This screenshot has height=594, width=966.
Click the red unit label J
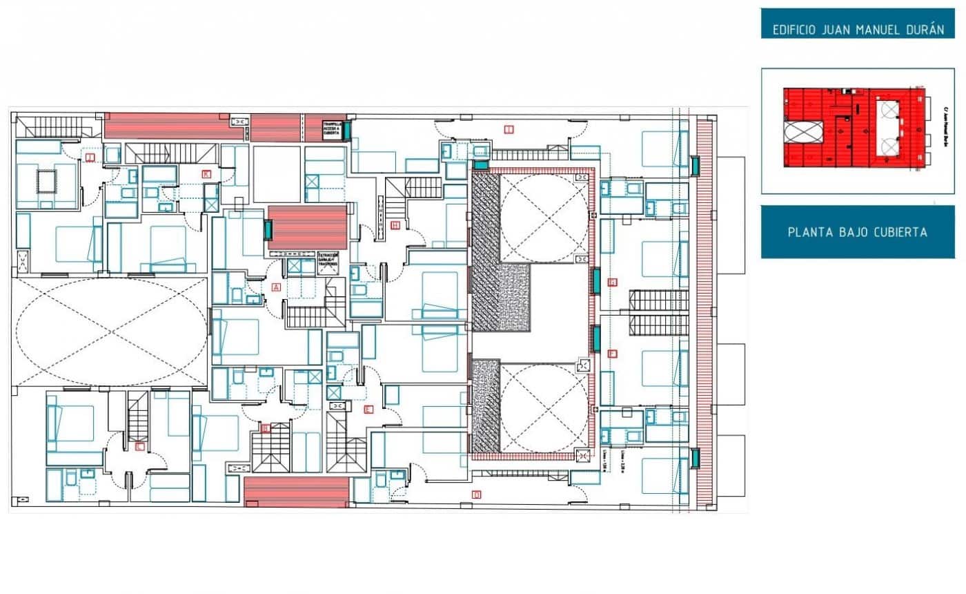90,157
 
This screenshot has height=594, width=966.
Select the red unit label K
206,174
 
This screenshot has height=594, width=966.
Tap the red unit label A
277,287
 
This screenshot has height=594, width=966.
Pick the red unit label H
395,225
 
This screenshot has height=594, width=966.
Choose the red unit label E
368,410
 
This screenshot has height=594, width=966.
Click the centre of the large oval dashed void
111,332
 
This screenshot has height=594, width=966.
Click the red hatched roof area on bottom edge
297,492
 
